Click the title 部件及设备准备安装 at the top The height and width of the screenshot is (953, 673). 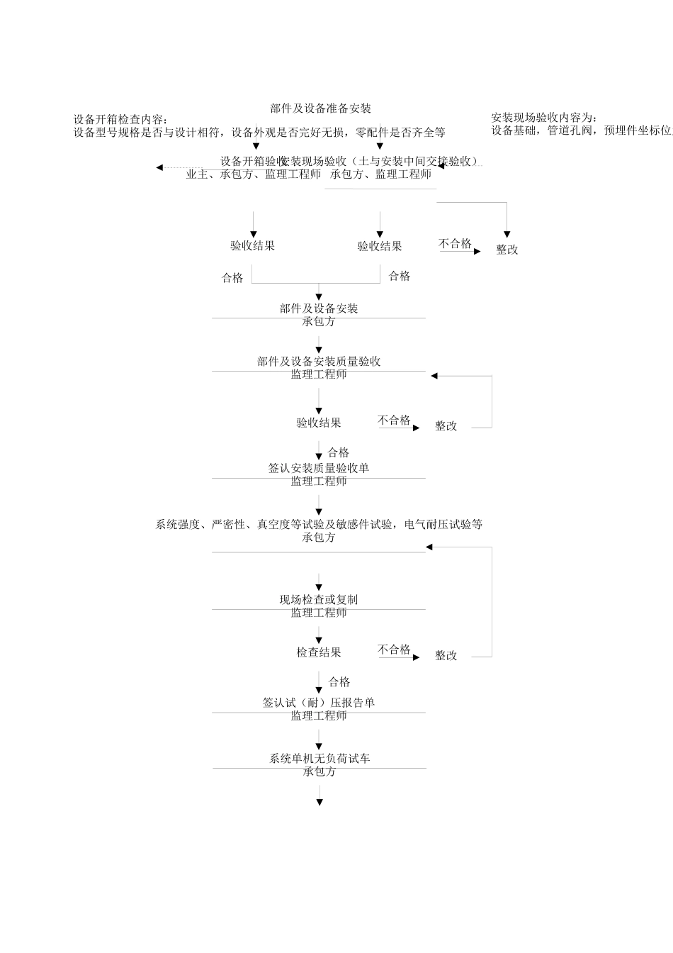321,108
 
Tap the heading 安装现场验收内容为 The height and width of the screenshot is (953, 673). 544,118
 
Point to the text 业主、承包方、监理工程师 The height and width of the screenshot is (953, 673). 253,174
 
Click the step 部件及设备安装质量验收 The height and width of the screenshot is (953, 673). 319,362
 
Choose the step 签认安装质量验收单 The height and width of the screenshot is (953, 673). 319,468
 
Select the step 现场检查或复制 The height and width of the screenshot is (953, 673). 319,600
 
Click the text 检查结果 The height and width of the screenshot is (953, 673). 319,652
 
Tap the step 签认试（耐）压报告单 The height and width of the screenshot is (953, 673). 319,703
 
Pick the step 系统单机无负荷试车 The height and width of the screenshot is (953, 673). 319,759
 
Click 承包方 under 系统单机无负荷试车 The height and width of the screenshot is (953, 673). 319,771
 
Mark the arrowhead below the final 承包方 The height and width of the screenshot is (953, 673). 319,802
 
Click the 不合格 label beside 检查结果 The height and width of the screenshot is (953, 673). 394,650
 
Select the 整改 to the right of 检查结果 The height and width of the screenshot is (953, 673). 446,656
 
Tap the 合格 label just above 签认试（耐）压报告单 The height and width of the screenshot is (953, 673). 339,682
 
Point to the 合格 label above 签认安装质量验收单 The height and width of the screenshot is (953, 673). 339,452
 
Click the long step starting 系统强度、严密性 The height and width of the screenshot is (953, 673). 319,525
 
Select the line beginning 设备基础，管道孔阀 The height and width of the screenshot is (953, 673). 581,130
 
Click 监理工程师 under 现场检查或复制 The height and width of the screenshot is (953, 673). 319,613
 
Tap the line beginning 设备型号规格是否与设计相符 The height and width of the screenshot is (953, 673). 259,132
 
